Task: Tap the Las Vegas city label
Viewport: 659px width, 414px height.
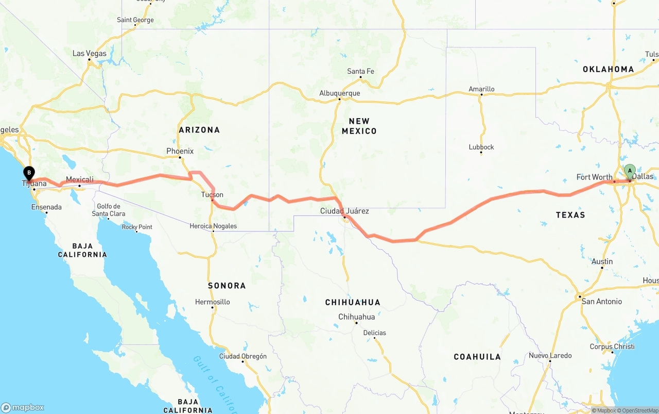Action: tap(90, 54)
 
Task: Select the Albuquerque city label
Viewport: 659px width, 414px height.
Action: tap(340, 93)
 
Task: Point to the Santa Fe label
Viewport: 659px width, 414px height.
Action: tap(360, 71)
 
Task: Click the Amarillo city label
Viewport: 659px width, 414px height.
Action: tap(481, 89)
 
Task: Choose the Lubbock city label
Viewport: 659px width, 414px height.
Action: tap(481, 147)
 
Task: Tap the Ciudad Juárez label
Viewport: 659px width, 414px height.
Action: tap(344, 211)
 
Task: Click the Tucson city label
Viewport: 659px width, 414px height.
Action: tap(212, 194)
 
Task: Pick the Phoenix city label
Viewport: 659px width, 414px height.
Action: tap(180, 151)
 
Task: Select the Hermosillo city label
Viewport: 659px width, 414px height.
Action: tap(213, 302)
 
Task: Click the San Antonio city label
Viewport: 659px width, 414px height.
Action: tap(601, 301)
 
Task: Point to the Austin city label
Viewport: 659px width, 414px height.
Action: tap(602, 261)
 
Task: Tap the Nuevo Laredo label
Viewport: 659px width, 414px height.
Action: tap(550, 355)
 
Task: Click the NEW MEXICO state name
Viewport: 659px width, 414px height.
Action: tap(359, 126)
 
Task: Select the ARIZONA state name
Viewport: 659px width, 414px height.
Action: tap(199, 130)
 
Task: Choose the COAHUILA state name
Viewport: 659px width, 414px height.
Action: tap(477, 357)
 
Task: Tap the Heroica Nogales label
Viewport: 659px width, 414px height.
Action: tap(213, 226)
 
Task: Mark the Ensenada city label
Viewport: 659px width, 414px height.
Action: tap(46, 207)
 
